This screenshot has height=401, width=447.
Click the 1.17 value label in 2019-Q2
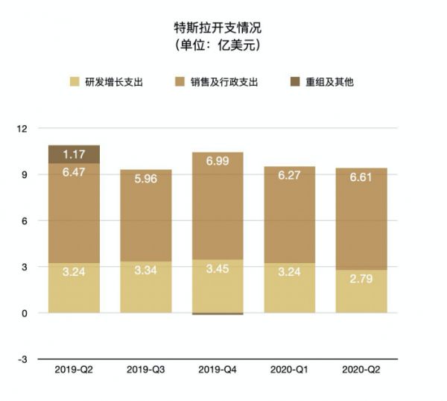pyautogui.click(x=74, y=154)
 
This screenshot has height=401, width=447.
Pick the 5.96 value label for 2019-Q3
pyautogui.click(x=145, y=179)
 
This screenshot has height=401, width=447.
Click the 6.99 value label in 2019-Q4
pyautogui.click(x=217, y=162)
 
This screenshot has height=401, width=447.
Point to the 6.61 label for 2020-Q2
pyautogui.click(x=361, y=177)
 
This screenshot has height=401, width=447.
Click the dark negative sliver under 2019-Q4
pyautogui.click(x=217, y=314)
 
